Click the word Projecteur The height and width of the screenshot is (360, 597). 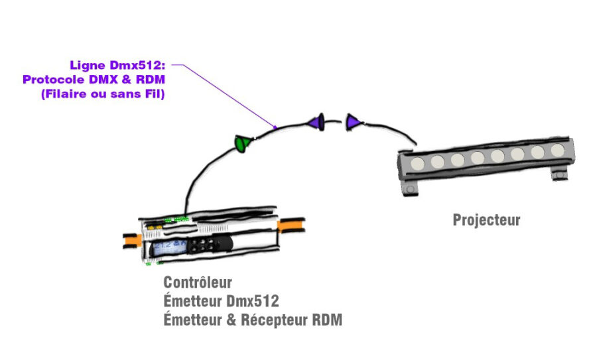[x=486, y=220]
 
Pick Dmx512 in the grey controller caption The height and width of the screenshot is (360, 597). [x=253, y=302]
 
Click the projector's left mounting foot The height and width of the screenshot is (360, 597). [x=412, y=190]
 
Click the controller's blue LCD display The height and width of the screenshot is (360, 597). [x=167, y=248]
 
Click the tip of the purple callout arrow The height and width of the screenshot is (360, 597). [x=277, y=126]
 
